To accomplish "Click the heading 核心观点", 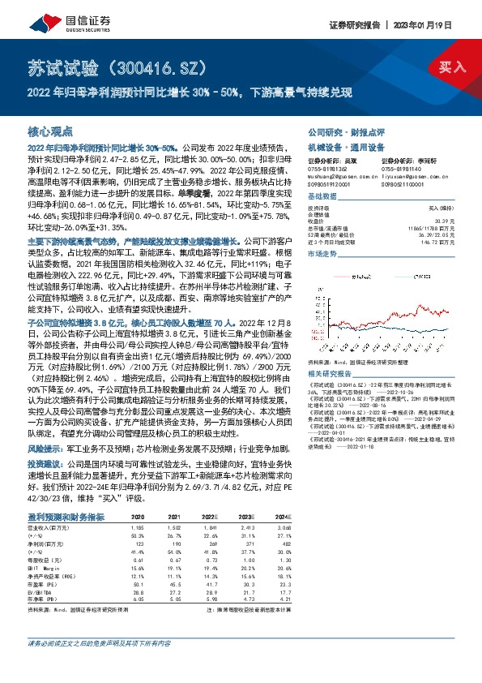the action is click(x=50, y=131).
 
